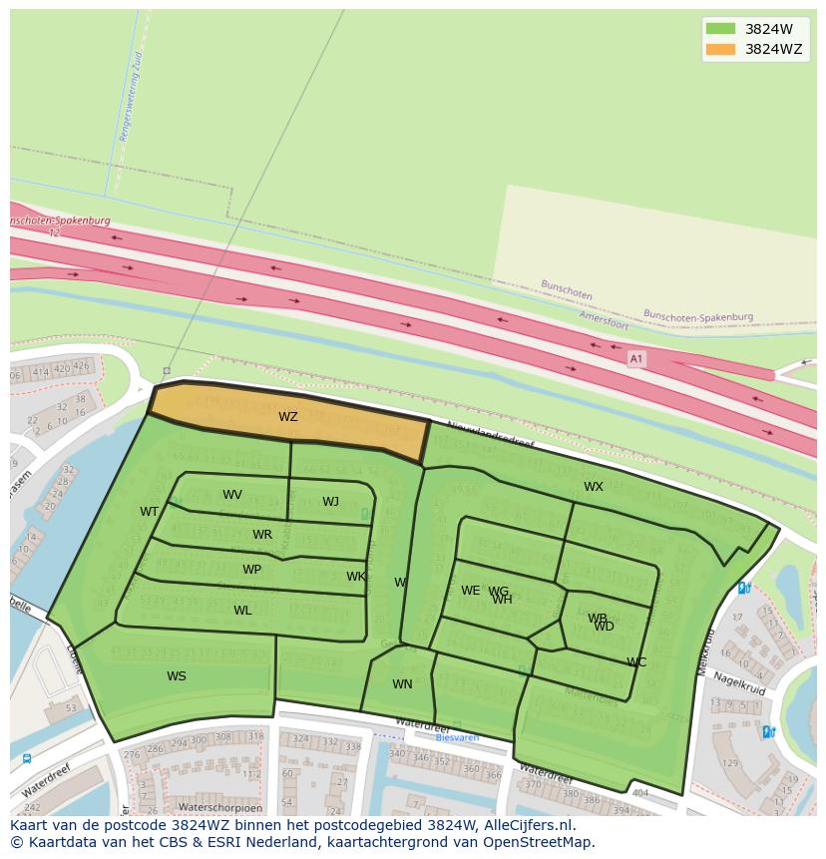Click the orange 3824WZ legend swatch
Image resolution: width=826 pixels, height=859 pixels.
tap(719, 49)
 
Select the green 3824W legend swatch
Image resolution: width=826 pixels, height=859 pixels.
tap(719, 28)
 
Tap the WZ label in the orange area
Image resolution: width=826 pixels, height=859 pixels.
tap(288, 417)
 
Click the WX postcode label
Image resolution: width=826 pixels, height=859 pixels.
tap(594, 487)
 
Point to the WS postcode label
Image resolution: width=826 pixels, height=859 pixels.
tap(177, 676)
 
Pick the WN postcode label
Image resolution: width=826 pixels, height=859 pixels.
tap(402, 684)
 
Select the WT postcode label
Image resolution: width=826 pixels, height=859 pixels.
tap(150, 512)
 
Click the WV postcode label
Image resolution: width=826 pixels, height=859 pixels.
tap(232, 495)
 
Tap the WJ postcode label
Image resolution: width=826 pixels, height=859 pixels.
tap(330, 502)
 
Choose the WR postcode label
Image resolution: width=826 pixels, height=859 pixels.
tap(262, 535)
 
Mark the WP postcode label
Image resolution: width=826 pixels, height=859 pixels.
tap(251, 570)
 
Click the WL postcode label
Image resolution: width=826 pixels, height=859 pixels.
tap(242, 611)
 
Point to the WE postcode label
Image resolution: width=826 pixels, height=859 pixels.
tap(470, 591)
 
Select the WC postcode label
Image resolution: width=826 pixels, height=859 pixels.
tap(636, 662)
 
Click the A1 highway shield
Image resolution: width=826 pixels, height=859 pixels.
tap(635, 358)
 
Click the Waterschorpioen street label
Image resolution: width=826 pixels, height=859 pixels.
tap(219, 807)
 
